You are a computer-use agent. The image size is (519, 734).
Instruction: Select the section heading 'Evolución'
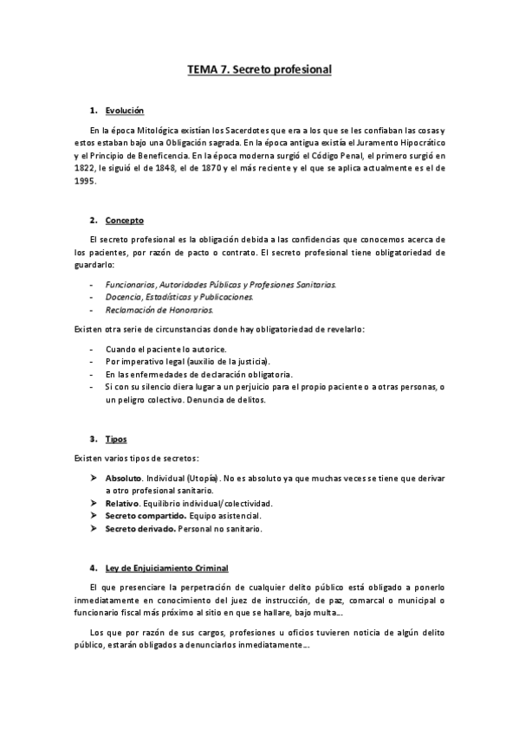click(124, 111)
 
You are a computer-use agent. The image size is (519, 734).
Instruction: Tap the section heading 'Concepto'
click(124, 221)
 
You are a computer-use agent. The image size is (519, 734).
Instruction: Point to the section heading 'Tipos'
click(115, 440)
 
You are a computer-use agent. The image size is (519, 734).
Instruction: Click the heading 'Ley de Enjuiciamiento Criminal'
click(166, 568)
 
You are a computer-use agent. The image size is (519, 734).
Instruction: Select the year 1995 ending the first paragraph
click(87, 182)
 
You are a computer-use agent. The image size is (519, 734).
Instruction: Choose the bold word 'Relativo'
click(123, 503)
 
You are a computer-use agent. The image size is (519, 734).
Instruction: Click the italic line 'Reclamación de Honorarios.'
click(159, 309)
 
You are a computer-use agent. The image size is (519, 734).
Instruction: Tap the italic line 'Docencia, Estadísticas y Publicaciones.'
click(179, 296)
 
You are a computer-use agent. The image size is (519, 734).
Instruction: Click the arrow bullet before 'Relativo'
click(94, 503)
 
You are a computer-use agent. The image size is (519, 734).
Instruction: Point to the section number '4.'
click(93, 568)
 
